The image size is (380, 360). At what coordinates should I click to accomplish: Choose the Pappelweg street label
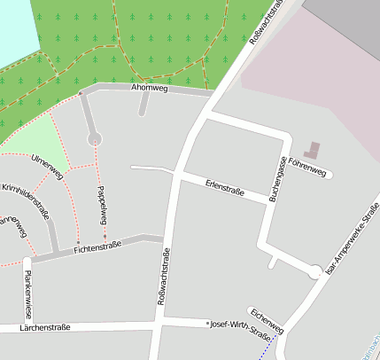[102, 205]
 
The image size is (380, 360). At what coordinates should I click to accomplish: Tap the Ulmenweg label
[47, 166]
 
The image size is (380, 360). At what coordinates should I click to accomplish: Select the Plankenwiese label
[28, 295]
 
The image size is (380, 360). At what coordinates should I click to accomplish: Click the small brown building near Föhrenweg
[314, 150]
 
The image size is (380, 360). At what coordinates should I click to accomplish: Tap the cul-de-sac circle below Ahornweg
[95, 138]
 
